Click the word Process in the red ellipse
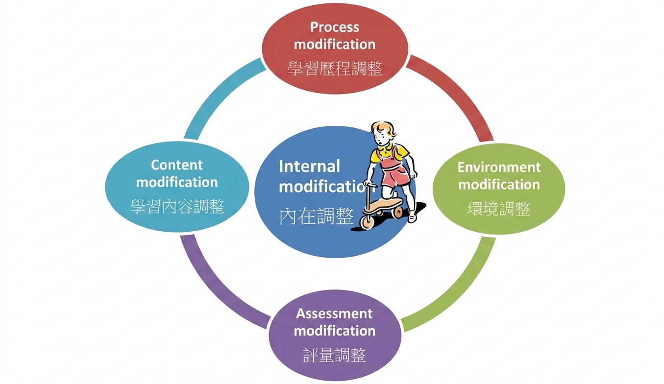tap(335, 27)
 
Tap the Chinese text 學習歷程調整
tap(335, 69)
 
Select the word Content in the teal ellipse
tap(177, 165)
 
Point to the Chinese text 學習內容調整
tap(177, 207)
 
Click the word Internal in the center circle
tap(310, 166)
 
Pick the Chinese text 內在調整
tap(317, 216)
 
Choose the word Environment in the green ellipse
tap(499, 168)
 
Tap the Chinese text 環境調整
tap(499, 209)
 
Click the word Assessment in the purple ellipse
tap(334, 313)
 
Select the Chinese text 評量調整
tap(334, 355)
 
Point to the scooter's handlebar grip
tap(370, 184)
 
